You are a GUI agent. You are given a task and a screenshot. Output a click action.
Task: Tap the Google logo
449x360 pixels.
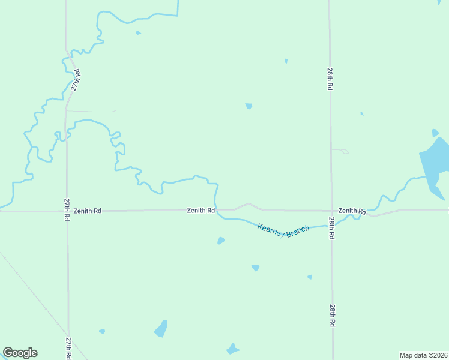pyautogui.click(x=20, y=353)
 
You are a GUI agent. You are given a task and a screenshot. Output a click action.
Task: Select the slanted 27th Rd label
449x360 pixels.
pyautogui.click(x=76, y=80)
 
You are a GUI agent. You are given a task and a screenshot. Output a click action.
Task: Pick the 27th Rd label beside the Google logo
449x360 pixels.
pyautogui.click(x=69, y=347)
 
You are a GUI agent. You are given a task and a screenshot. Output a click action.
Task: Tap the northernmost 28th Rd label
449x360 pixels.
pyautogui.click(x=330, y=79)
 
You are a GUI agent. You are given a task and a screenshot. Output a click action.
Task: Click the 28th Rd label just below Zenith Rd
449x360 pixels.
pyautogui.click(x=331, y=229)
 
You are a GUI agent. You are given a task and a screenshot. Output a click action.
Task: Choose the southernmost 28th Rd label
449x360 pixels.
pyautogui.click(x=332, y=314)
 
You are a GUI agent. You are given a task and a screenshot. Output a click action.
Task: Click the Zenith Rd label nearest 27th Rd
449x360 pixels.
pyautogui.click(x=88, y=211)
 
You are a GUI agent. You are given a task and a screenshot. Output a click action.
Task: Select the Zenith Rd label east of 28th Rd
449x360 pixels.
pyautogui.click(x=352, y=211)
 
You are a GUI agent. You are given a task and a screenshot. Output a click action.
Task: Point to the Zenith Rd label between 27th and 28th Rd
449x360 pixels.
pyautogui.click(x=200, y=211)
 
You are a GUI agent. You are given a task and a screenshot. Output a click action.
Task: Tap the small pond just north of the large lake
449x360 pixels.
pyautogui.click(x=435, y=133)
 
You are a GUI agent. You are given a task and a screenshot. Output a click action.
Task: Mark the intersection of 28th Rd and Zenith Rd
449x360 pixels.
pyautogui.click(x=331, y=211)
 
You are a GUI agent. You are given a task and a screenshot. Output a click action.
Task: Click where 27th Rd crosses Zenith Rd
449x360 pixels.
pyautogui.click(x=67, y=211)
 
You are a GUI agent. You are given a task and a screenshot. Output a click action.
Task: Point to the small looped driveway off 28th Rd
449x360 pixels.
pyautogui.click(x=341, y=151)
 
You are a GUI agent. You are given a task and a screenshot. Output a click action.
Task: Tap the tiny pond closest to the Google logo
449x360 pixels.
pyautogui.click(x=102, y=331)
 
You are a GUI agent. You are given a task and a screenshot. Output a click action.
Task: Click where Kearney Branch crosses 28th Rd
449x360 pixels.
pyautogui.click(x=331, y=224)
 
